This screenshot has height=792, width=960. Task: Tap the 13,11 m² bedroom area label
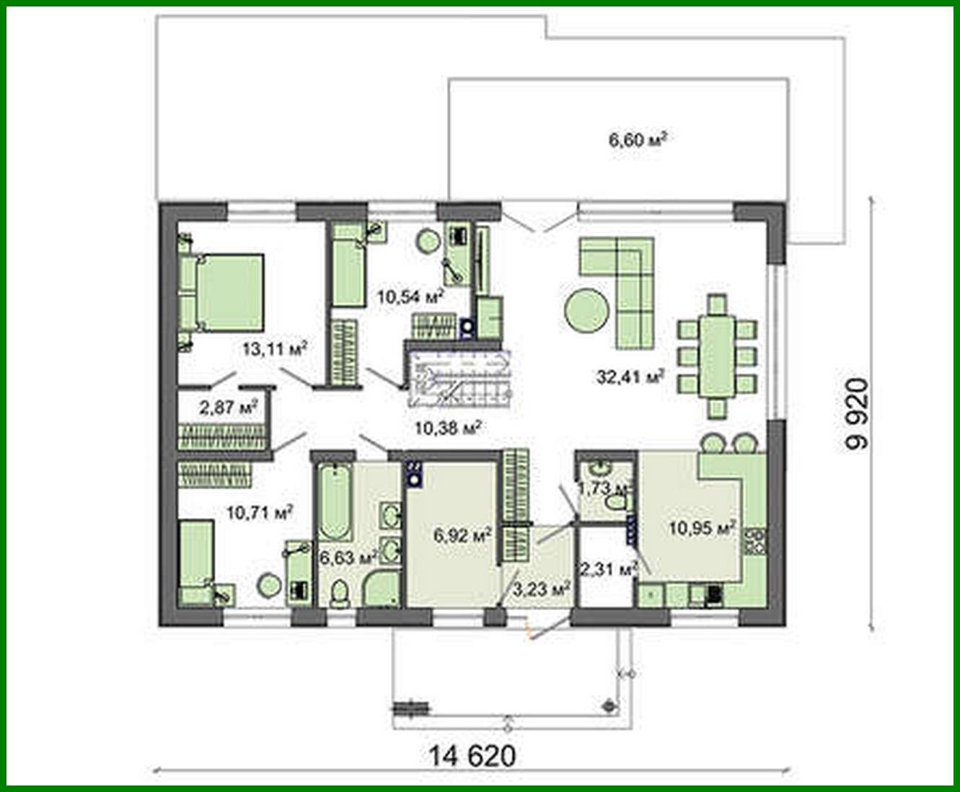(x=275, y=350)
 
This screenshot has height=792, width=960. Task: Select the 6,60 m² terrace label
(x=637, y=138)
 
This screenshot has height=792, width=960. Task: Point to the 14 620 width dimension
(x=472, y=756)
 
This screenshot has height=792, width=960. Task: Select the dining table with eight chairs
(x=717, y=356)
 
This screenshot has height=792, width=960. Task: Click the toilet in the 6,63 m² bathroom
(x=339, y=594)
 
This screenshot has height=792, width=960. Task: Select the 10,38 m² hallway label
(x=448, y=428)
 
